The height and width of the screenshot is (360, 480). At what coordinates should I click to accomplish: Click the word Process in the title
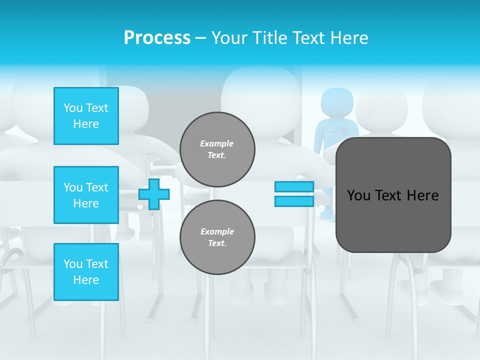157,37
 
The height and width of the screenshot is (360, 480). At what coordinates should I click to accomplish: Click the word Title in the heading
272,37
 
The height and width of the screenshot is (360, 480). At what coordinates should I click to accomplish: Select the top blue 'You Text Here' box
86,116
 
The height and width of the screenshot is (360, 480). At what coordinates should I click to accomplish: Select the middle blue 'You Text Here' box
86,195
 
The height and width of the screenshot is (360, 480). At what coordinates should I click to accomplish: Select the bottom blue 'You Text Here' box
86,271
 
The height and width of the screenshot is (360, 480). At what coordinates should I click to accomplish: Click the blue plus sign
154,194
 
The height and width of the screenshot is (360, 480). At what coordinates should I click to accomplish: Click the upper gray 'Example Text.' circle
217,149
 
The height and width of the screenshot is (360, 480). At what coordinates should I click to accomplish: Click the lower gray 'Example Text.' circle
217,237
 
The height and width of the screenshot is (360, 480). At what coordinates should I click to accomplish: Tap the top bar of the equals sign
294,186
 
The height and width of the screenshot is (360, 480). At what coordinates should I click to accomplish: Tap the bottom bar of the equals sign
294,201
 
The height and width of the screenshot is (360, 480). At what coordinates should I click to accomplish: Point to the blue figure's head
336,102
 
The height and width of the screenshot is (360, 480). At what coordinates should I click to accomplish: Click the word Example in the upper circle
216,143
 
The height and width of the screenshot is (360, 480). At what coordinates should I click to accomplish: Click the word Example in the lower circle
216,231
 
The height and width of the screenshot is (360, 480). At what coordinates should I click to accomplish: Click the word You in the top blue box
73,108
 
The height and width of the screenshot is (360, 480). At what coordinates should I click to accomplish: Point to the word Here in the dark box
422,195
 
